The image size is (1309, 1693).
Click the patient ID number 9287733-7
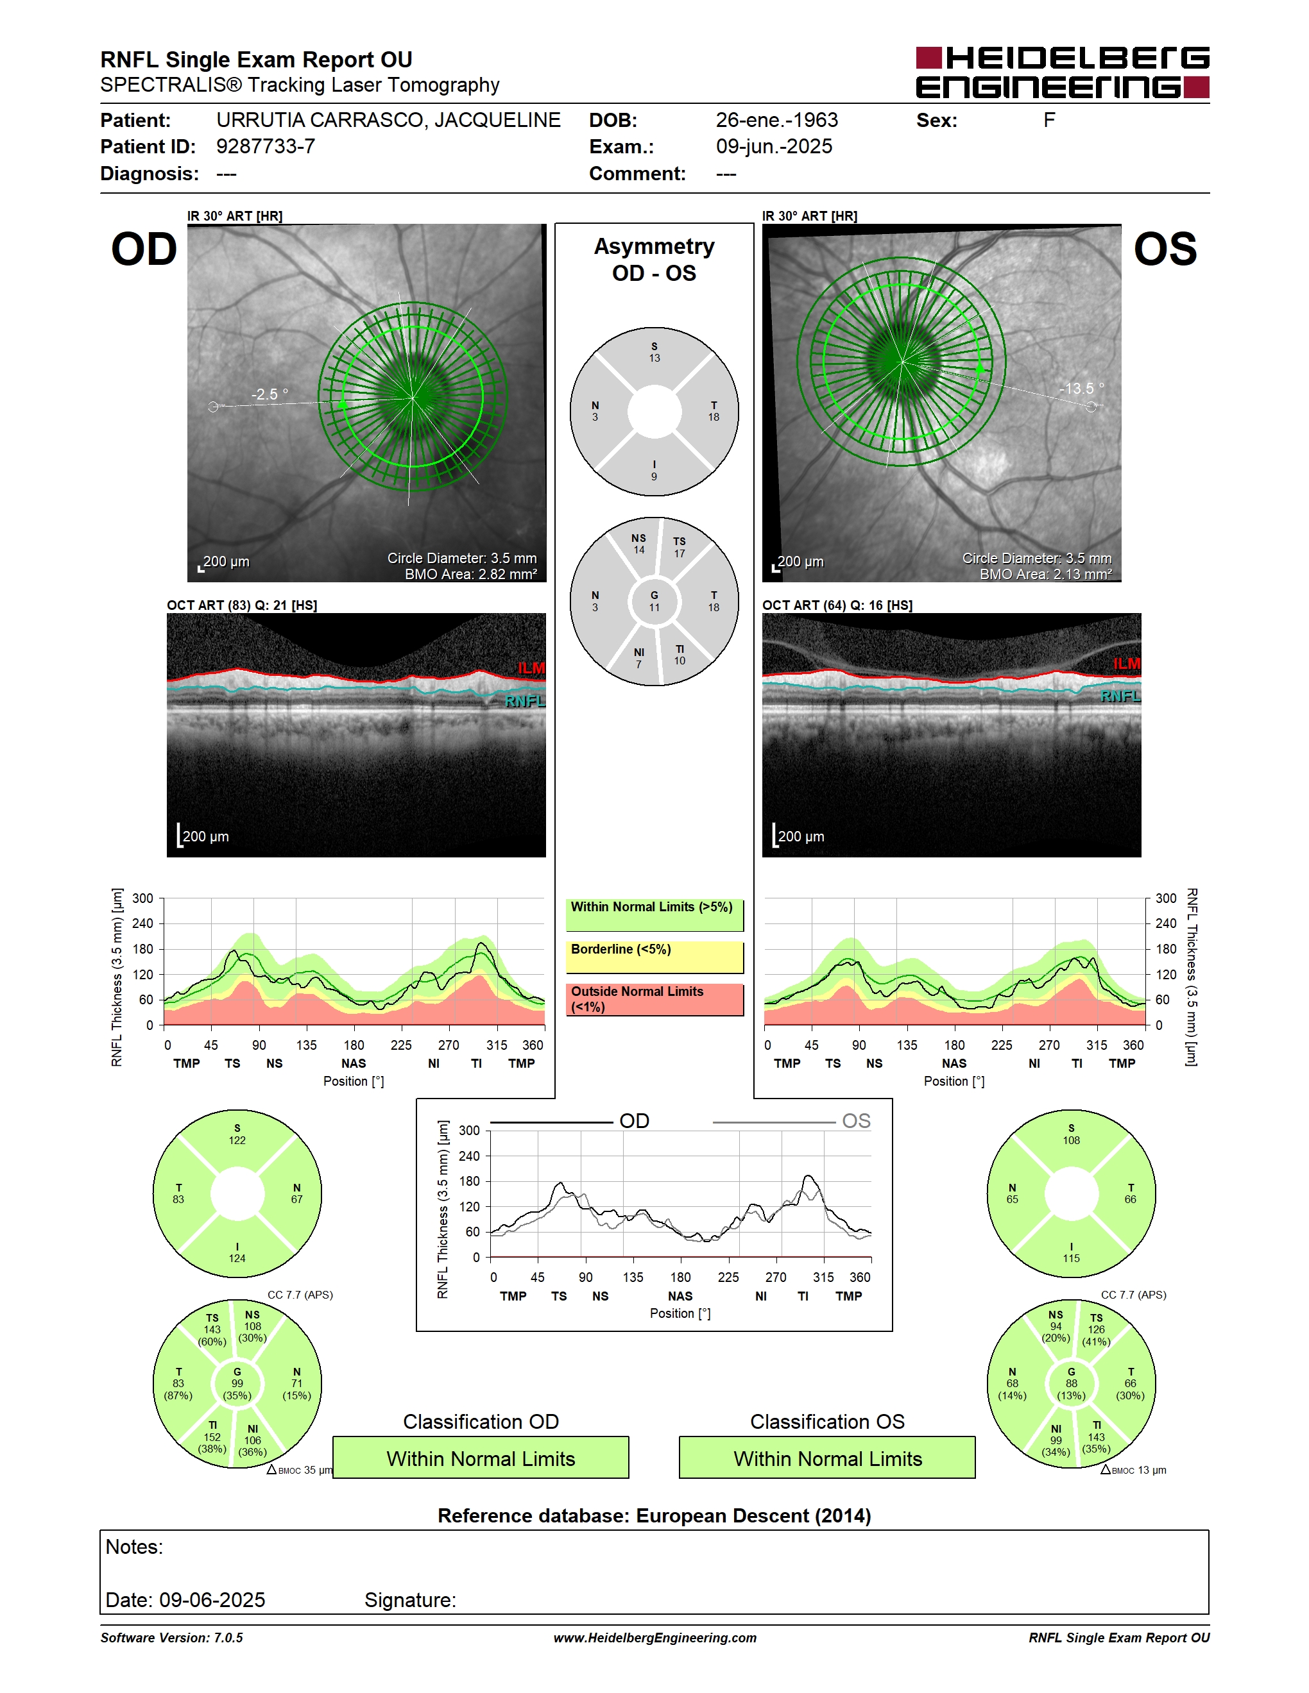pos(265,146)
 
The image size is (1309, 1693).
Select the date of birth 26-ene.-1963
pos(776,120)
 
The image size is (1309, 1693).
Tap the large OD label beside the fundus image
pos(144,249)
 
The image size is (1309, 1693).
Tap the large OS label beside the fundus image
pos(1165,249)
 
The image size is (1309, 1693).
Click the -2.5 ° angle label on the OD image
pos(269,394)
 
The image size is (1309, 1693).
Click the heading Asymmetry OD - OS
pos(654,260)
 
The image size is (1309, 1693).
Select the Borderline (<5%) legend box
pos(654,957)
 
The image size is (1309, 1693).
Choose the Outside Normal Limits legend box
pos(654,1000)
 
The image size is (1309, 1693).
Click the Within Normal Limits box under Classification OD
pos(481,1458)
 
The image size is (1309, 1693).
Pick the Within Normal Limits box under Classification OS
pos(828,1458)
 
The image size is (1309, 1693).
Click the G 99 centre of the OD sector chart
pos(237,1384)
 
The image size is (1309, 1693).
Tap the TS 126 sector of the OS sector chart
pos(1096,1329)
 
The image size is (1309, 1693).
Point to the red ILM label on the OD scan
pos(531,668)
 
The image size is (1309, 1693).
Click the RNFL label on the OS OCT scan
pos(1120,696)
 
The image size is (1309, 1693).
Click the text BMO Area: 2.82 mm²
pos(471,575)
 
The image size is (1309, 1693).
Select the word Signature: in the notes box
pos(410,1600)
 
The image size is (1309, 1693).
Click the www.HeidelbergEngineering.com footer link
pos(654,1638)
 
